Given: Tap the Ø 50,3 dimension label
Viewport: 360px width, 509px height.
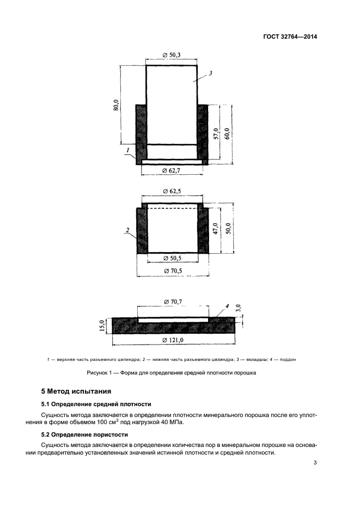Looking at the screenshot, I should pyautogui.click(x=172, y=54).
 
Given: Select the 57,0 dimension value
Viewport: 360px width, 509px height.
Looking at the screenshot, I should pyautogui.click(x=217, y=133).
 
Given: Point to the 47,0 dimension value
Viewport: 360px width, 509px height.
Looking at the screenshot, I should pyautogui.click(x=216, y=229).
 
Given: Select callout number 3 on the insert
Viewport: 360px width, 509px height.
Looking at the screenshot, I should pyautogui.click(x=210, y=73).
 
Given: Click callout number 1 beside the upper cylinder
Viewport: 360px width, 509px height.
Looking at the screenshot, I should pyautogui.click(x=127, y=149).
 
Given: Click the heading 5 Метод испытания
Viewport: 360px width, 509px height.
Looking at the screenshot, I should pyautogui.click(x=76, y=391).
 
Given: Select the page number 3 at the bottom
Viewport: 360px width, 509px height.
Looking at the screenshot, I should pyautogui.click(x=315, y=463).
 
